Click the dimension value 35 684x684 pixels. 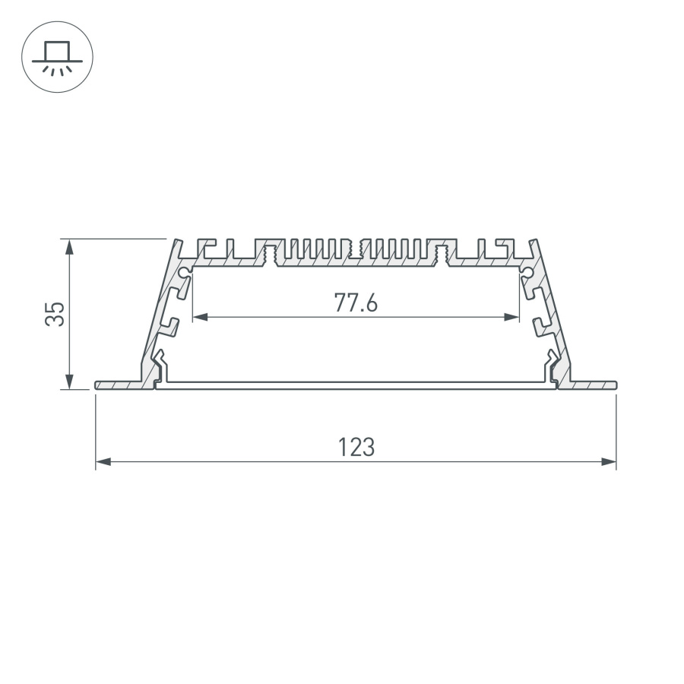(x=54, y=314)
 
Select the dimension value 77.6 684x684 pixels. (x=356, y=302)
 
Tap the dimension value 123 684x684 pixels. (x=356, y=447)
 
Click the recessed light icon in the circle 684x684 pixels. (x=57, y=57)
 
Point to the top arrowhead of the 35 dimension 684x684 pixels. (x=70, y=245)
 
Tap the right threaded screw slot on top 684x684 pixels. (x=441, y=254)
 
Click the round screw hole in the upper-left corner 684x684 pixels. (x=185, y=271)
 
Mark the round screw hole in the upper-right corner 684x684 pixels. (x=527, y=271)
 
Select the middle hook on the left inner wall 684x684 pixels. (x=171, y=327)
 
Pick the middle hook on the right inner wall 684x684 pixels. (x=540, y=327)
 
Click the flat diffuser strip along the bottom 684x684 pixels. (x=356, y=386)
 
